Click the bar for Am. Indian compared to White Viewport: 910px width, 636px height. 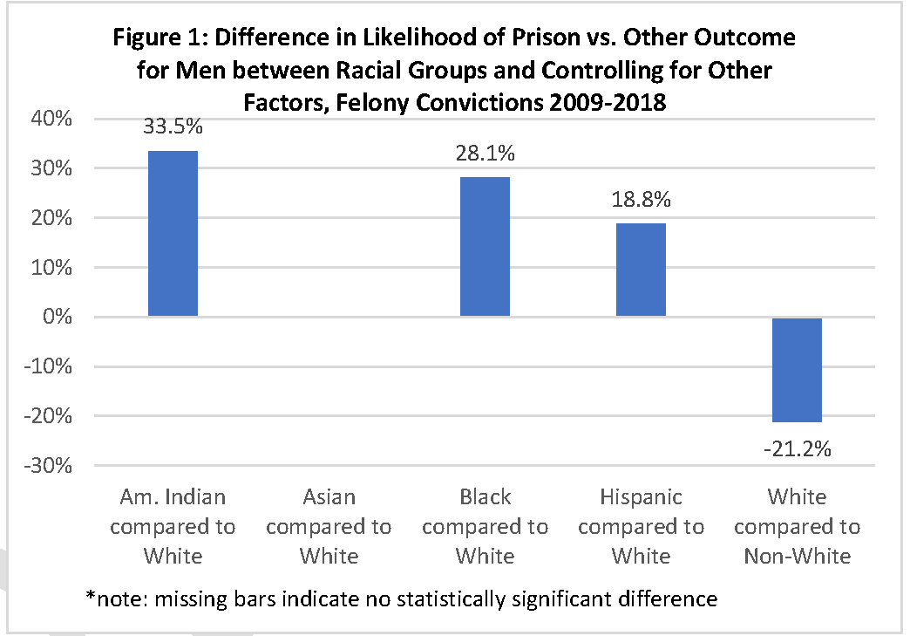click(173, 233)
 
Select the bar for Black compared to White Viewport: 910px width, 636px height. click(485, 246)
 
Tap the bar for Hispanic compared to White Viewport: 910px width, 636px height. click(641, 270)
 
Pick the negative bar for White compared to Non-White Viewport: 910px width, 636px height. click(797, 369)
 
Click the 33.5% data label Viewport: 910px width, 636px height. click(173, 127)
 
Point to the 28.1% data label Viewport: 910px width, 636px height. click(486, 154)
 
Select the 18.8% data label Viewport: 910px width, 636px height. click(641, 199)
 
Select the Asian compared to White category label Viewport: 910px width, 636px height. click(329, 526)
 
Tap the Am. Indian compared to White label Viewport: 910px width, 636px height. click(173, 526)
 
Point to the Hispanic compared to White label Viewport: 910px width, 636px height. click(641, 526)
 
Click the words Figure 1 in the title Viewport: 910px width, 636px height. click(157, 39)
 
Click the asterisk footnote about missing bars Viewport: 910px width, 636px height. click(401, 599)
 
